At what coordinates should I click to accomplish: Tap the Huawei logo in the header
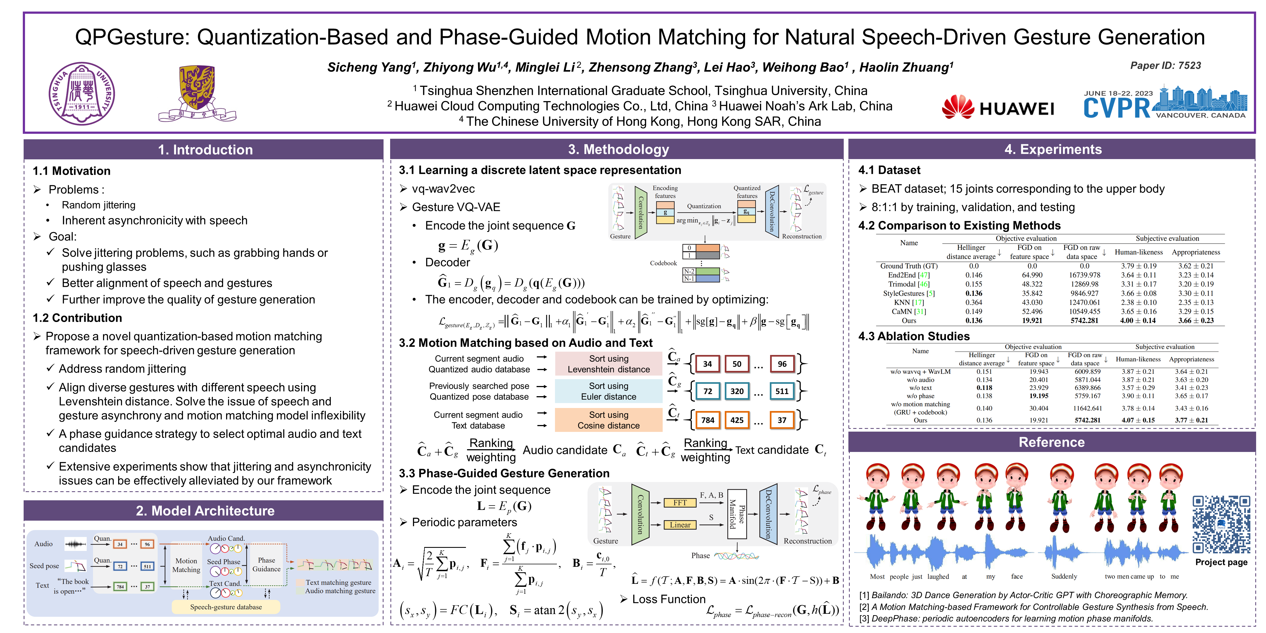pyautogui.click(x=998, y=108)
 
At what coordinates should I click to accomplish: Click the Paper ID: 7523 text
pyautogui.click(x=1165, y=65)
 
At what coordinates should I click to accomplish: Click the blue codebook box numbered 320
pyautogui.click(x=737, y=391)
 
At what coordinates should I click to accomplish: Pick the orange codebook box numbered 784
pyautogui.click(x=708, y=420)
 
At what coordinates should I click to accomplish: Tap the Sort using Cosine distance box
pyautogui.click(x=609, y=420)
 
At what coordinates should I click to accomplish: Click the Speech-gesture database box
pyautogui.click(x=226, y=607)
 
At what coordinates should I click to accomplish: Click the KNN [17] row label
pyautogui.click(x=909, y=302)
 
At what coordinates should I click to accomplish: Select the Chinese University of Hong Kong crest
pyautogui.click(x=197, y=93)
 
